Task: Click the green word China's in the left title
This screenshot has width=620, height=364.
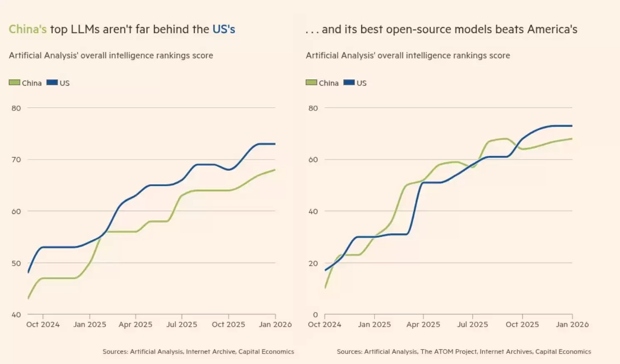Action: coord(27,30)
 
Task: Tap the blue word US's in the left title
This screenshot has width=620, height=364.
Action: coord(224,30)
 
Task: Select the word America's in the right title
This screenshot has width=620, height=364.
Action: coord(552,30)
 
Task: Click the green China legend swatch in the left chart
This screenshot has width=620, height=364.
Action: coord(15,83)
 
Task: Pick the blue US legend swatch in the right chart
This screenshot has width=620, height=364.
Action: coord(349,83)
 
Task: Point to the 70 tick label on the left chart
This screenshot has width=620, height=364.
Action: coord(16,160)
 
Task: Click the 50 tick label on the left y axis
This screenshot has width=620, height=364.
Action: coord(16,263)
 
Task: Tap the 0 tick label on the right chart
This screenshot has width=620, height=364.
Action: coord(315,315)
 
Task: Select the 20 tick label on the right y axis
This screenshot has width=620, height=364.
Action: coord(313,263)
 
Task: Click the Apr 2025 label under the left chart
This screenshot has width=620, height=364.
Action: coord(136,325)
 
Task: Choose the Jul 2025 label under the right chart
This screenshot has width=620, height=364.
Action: coord(473,325)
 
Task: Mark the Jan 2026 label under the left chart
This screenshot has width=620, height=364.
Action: coord(275,325)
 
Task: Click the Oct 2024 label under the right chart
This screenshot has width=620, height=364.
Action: coord(325,325)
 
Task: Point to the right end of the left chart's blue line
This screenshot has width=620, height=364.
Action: coord(275,144)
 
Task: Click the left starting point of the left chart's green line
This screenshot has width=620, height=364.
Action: coord(28,298)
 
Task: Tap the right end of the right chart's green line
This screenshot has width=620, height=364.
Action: coord(572,139)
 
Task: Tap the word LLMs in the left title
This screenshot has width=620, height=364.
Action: coord(85,30)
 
